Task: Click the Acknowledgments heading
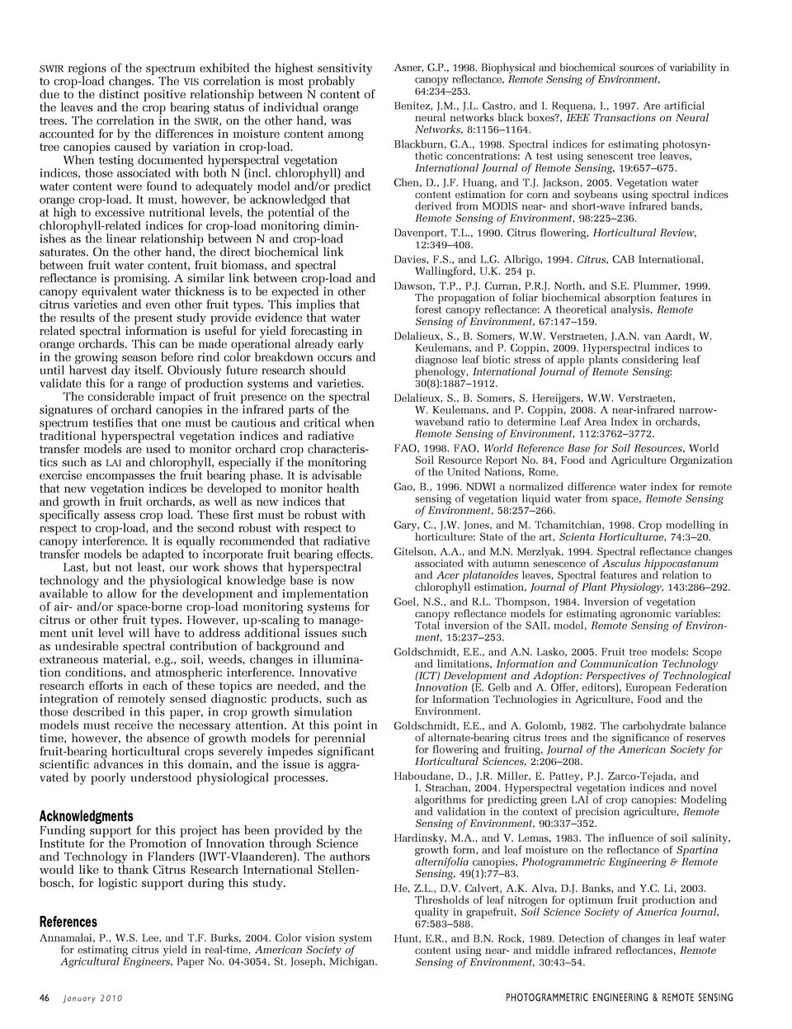[x=86, y=816]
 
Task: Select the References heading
[x=68, y=922]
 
